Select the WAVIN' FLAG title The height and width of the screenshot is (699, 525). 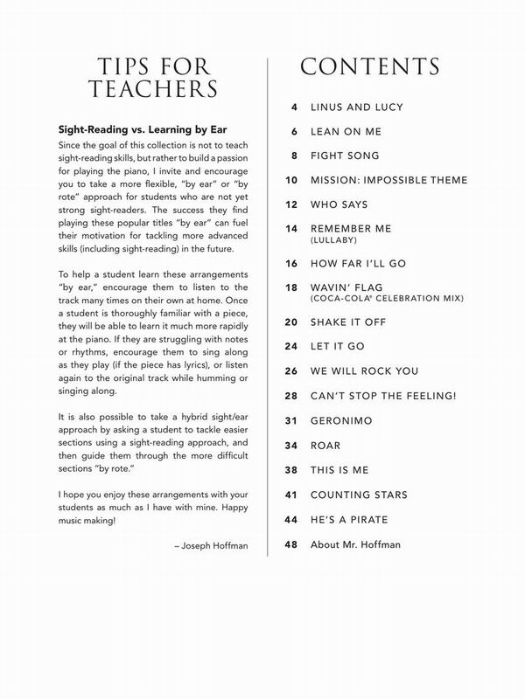(x=347, y=287)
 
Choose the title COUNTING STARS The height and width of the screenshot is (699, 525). (x=359, y=495)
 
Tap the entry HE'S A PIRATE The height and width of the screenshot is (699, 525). (x=350, y=519)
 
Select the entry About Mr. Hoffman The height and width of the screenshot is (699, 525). (x=356, y=545)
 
